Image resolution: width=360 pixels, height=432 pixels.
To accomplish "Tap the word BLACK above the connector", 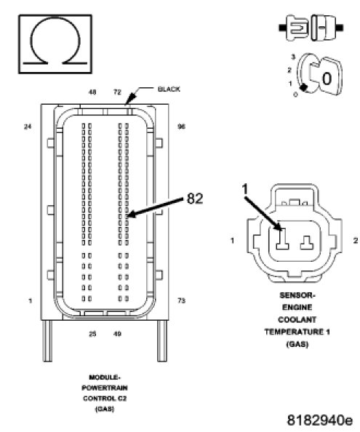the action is (x=169, y=89).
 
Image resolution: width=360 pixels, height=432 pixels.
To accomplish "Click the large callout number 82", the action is (x=195, y=198).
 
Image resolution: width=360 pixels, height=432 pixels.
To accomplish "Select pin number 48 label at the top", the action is (x=92, y=92).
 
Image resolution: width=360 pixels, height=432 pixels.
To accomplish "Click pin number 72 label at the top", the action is (x=117, y=92).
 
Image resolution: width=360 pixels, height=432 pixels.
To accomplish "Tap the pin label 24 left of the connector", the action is (x=28, y=127).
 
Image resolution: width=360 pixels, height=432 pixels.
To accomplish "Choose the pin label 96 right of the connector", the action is (x=181, y=127).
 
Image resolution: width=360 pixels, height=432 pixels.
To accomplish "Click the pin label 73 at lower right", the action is (x=181, y=300).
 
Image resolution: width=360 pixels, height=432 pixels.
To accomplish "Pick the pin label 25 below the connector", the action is (x=92, y=334).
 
